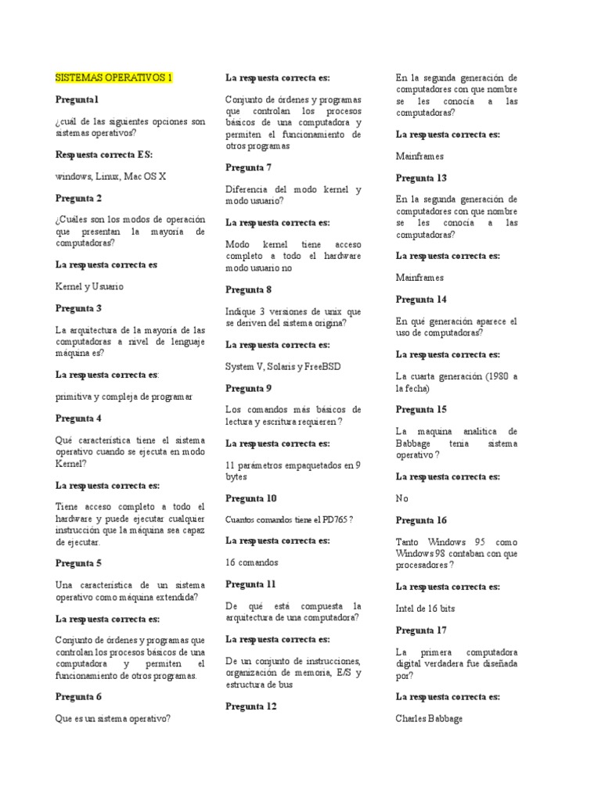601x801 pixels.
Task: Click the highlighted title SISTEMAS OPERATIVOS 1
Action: [113, 78]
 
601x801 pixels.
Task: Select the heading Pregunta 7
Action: [249, 167]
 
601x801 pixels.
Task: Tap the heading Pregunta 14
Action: [421, 300]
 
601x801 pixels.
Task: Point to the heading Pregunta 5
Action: [78, 562]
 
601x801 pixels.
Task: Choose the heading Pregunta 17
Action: [421, 630]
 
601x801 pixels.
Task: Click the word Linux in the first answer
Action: [109, 177]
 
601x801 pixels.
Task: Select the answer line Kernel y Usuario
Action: [90, 286]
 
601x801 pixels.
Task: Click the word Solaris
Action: [283, 366]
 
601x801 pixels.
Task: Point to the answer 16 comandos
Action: [252, 562]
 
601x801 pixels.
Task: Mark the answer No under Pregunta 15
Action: [402, 498]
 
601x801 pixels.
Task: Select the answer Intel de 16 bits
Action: [426, 609]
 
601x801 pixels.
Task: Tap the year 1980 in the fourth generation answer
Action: [490, 376]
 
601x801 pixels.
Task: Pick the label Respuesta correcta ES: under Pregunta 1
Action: [104, 155]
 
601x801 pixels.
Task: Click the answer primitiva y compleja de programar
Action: [124, 397]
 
